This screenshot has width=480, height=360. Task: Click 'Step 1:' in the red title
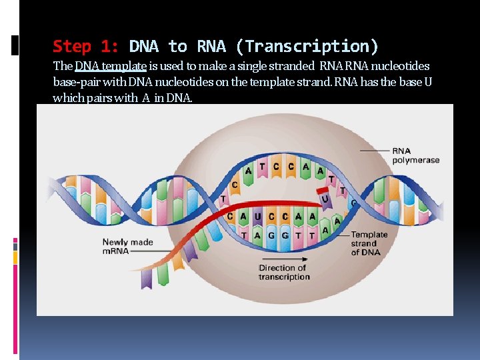[85, 46]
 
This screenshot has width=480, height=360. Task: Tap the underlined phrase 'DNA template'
[110, 67]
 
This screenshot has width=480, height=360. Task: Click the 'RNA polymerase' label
[411, 155]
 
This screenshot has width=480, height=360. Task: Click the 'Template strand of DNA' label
[369, 243]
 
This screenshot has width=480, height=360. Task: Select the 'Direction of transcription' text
[283, 272]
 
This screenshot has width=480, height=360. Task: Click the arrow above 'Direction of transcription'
[283, 259]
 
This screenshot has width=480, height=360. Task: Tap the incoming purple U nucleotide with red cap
[325, 197]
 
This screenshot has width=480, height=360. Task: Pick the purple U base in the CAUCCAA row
[257, 217]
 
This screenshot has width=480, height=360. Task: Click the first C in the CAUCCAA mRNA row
[230, 217]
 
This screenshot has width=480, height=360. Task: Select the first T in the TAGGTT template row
[244, 235]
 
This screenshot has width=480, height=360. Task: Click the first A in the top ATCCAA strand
[248, 169]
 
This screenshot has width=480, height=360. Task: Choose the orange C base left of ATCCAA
[235, 185]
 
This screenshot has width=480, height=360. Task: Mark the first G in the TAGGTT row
[271, 235]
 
